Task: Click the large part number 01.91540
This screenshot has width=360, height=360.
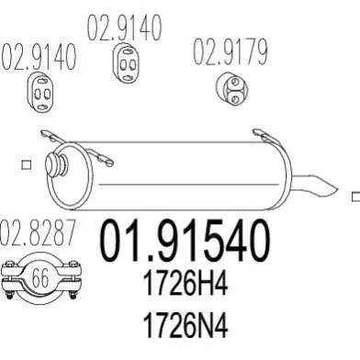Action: pyautogui.click(x=185, y=241)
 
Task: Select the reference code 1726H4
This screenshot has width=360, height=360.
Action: pyautogui.click(x=186, y=284)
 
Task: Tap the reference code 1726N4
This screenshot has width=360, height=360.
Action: pyautogui.click(x=186, y=325)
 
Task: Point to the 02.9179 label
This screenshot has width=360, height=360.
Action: pyautogui.click(x=231, y=52)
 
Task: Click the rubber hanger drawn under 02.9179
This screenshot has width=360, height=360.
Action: pyautogui.click(x=231, y=88)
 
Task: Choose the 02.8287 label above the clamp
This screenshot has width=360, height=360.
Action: pyautogui.click(x=37, y=232)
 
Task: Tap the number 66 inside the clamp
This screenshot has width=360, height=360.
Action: pyautogui.click(x=40, y=278)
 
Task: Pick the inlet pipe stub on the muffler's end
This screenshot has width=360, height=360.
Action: pyautogui.click(x=56, y=163)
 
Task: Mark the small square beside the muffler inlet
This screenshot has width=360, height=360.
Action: pyautogui.click(x=27, y=165)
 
